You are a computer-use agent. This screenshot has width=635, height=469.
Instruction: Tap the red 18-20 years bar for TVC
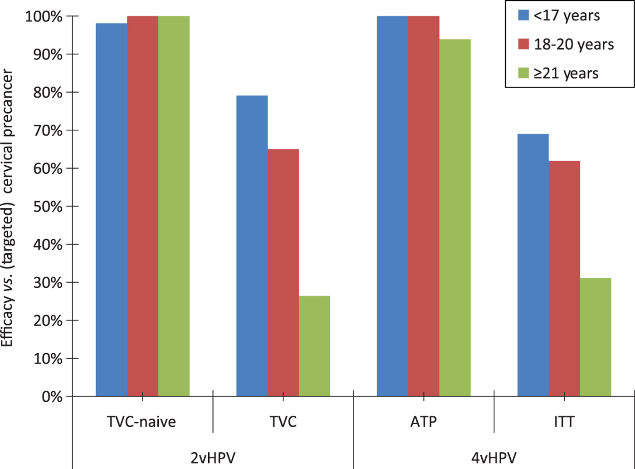click(283, 272)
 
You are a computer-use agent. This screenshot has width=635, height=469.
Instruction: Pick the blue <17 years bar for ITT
click(533, 265)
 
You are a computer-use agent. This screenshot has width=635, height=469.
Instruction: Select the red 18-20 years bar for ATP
click(424, 206)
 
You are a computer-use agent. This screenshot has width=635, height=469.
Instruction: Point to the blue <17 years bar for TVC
click(252, 246)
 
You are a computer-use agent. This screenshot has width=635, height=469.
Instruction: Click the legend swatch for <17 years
click(523, 16)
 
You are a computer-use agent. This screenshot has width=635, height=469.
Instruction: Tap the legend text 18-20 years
click(574, 44)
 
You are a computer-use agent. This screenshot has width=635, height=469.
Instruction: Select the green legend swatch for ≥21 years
click(523, 73)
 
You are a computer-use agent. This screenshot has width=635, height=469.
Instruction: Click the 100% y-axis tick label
click(44, 16)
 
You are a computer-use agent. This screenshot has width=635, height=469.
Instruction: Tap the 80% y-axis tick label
click(48, 92)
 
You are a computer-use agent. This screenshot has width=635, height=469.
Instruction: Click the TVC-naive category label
click(142, 422)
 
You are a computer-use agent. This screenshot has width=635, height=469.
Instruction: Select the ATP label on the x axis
click(424, 422)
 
